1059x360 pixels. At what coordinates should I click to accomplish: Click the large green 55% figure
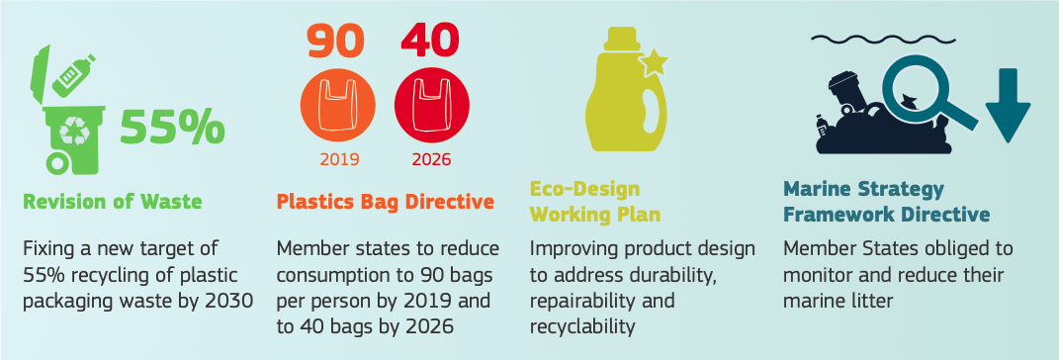pyautogui.click(x=172, y=127)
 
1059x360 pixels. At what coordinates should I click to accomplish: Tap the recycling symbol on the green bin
pyautogui.click(x=73, y=131)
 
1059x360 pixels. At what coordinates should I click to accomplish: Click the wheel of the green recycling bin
pyautogui.click(x=58, y=164)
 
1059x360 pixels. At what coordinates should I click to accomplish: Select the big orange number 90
pyautogui.click(x=335, y=42)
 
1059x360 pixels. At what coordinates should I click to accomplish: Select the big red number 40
pyautogui.click(x=429, y=42)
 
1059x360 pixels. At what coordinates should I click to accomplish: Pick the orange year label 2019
pyautogui.click(x=339, y=160)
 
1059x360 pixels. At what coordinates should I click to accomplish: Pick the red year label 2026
pyautogui.click(x=431, y=160)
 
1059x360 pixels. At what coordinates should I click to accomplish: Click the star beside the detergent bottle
pyautogui.click(x=653, y=62)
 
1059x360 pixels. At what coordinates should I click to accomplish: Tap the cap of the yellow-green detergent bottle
pyautogui.click(x=622, y=39)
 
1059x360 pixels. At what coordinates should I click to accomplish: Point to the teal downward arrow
pyautogui.click(x=1008, y=105)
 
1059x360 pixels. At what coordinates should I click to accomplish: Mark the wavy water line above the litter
pyautogui.click(x=883, y=39)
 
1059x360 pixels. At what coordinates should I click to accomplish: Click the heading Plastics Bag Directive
pyautogui.click(x=386, y=202)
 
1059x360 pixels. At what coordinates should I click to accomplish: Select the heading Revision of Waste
pyautogui.click(x=112, y=202)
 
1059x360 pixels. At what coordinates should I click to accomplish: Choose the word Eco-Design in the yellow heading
pyautogui.click(x=585, y=188)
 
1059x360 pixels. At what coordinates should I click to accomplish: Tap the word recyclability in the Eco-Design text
pyautogui.click(x=582, y=327)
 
